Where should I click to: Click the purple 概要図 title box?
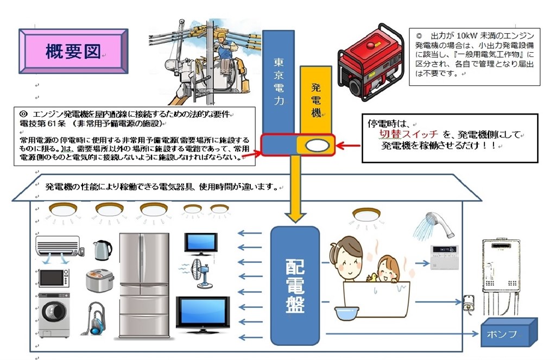73,51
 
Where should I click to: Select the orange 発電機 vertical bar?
315,100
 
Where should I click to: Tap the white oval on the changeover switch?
318,146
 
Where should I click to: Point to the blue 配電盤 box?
295,285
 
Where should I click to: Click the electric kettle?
102,250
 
